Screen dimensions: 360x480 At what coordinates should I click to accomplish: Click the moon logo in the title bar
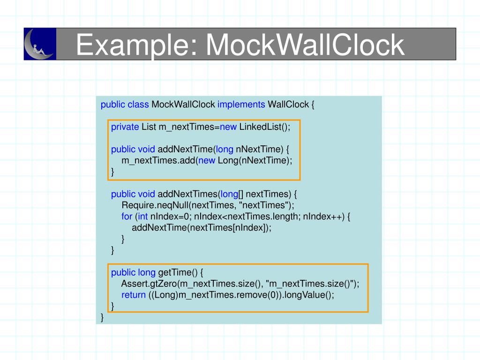pos(40,44)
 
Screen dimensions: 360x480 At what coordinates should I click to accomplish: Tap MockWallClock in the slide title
pos(305,45)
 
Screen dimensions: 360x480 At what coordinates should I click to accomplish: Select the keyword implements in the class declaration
pos(241,105)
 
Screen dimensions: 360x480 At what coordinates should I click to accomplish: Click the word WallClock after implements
pos(288,105)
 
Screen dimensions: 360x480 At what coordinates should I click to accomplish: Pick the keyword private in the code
pos(125,127)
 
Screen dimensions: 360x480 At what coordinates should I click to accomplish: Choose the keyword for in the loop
pos(127,217)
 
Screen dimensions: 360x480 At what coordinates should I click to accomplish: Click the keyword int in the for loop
pos(143,217)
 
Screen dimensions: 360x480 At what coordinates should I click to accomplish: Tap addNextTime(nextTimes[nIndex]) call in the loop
pos(202,228)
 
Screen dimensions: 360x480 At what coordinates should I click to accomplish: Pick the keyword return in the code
pos(133,295)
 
